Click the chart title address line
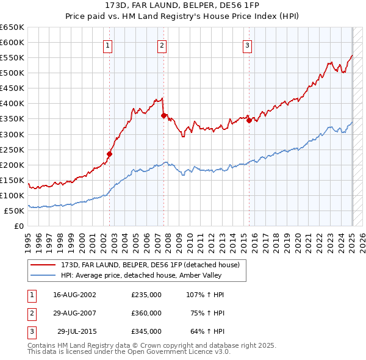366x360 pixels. coord(182,6)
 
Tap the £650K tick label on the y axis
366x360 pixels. coord(12,27)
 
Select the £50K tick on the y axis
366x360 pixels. coord(15,211)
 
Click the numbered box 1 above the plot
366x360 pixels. coord(107,45)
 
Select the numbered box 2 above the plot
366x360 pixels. coord(162,45)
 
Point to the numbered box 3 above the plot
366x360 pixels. coord(248,45)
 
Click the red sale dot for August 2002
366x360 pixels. coord(110,154)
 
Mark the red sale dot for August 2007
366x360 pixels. coord(164,115)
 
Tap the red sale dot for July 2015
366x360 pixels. coord(249,120)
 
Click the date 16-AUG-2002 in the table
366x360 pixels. coord(75,295)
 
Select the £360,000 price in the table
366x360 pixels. coord(146,313)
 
